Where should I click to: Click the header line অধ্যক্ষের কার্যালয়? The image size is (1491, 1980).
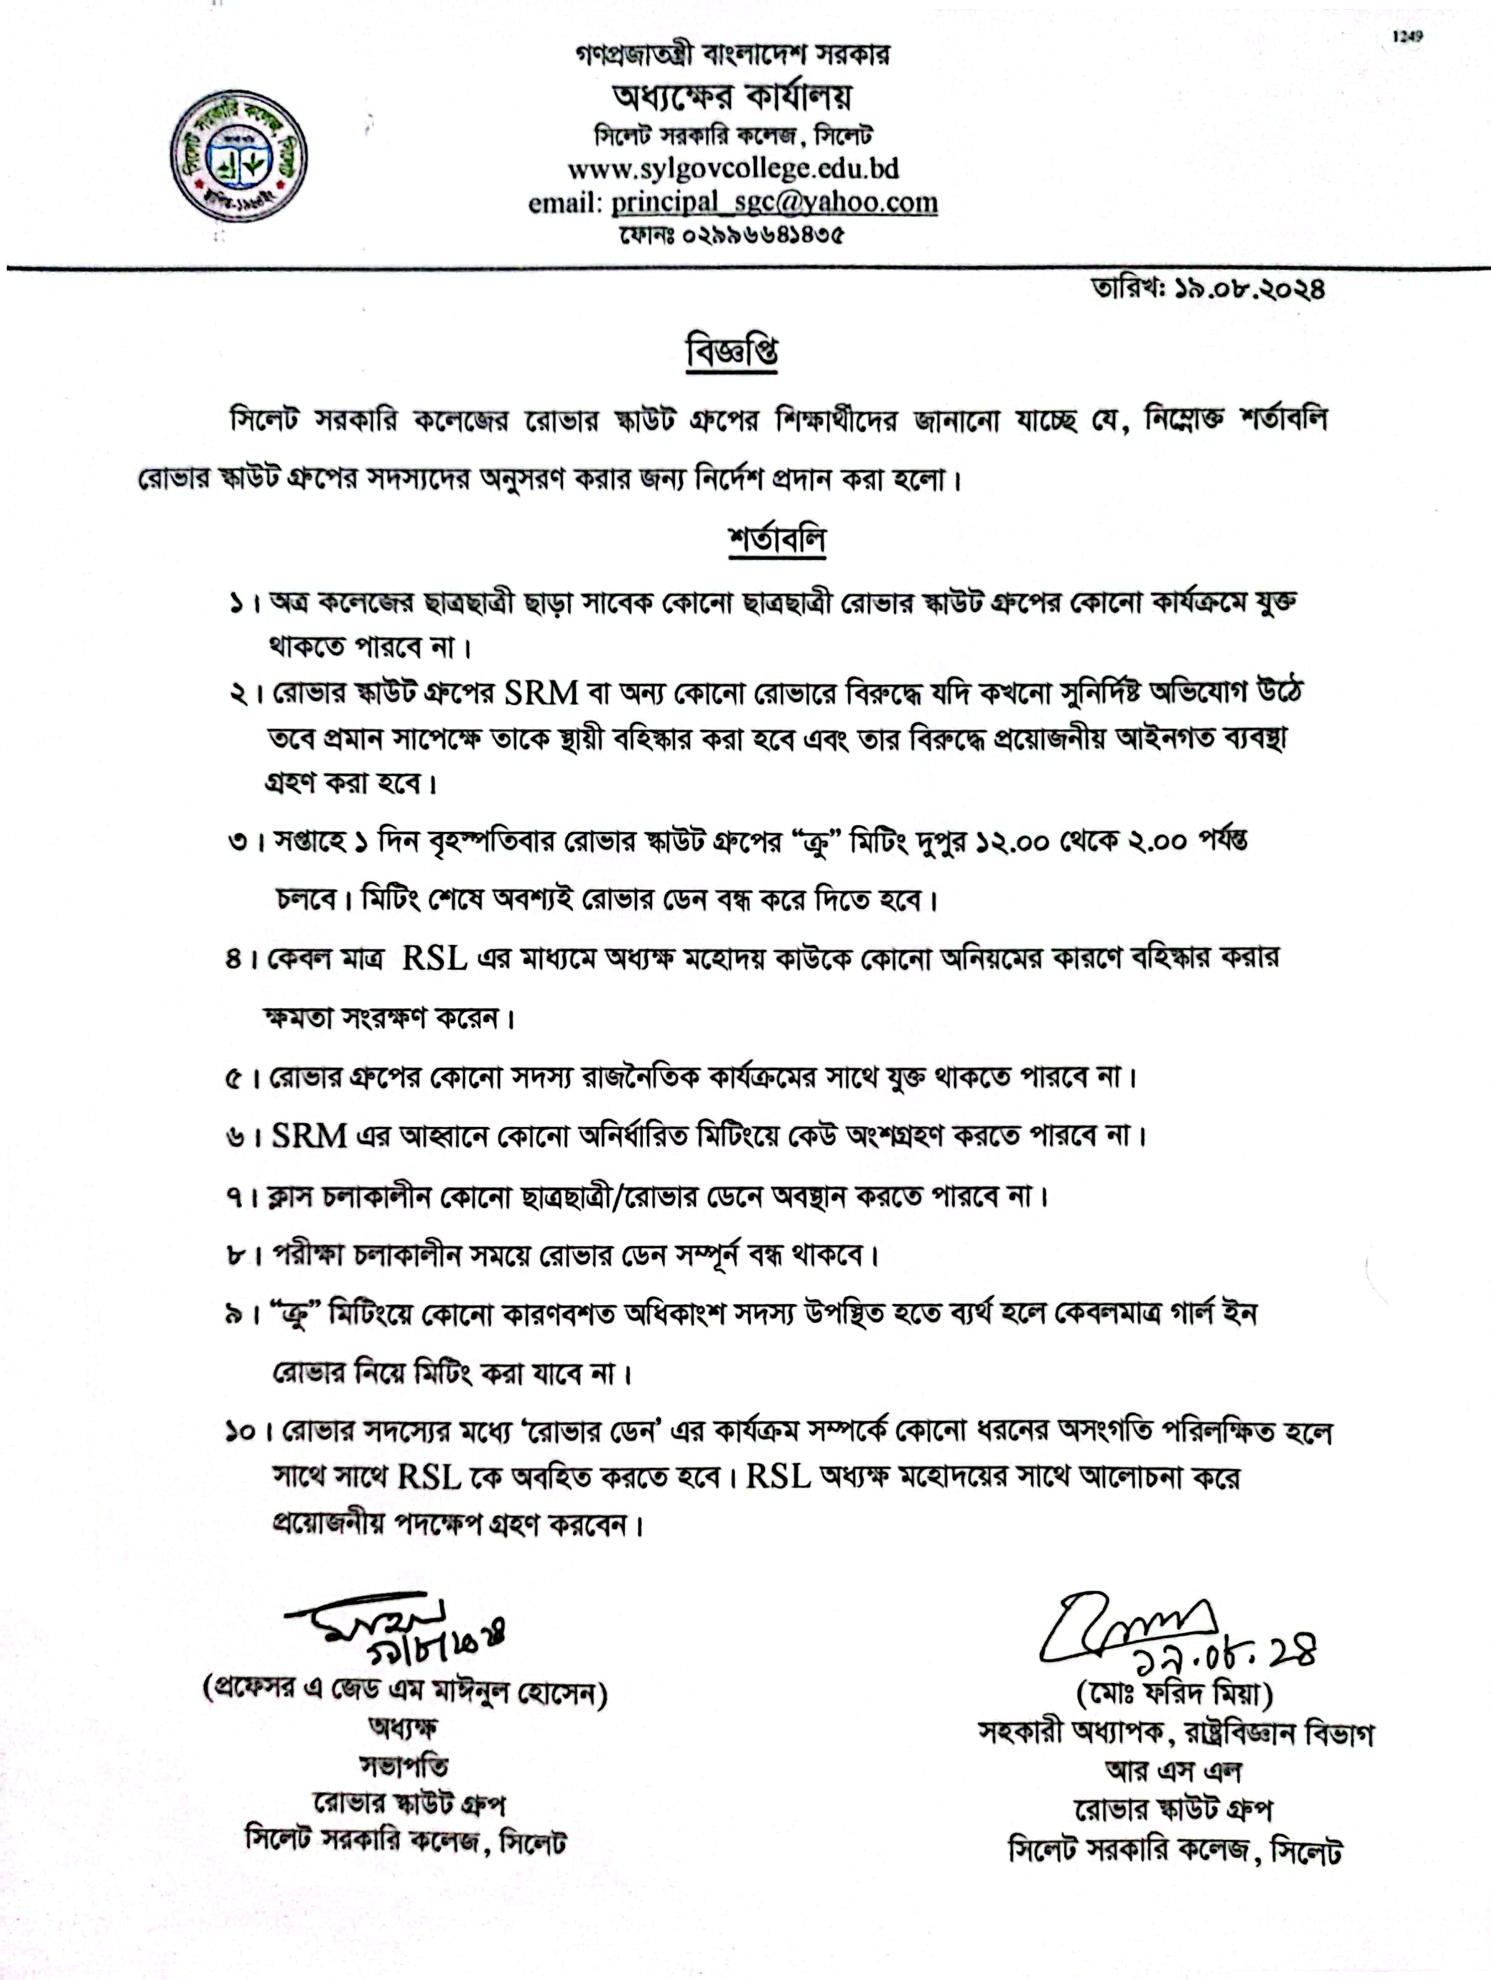(x=732, y=96)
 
